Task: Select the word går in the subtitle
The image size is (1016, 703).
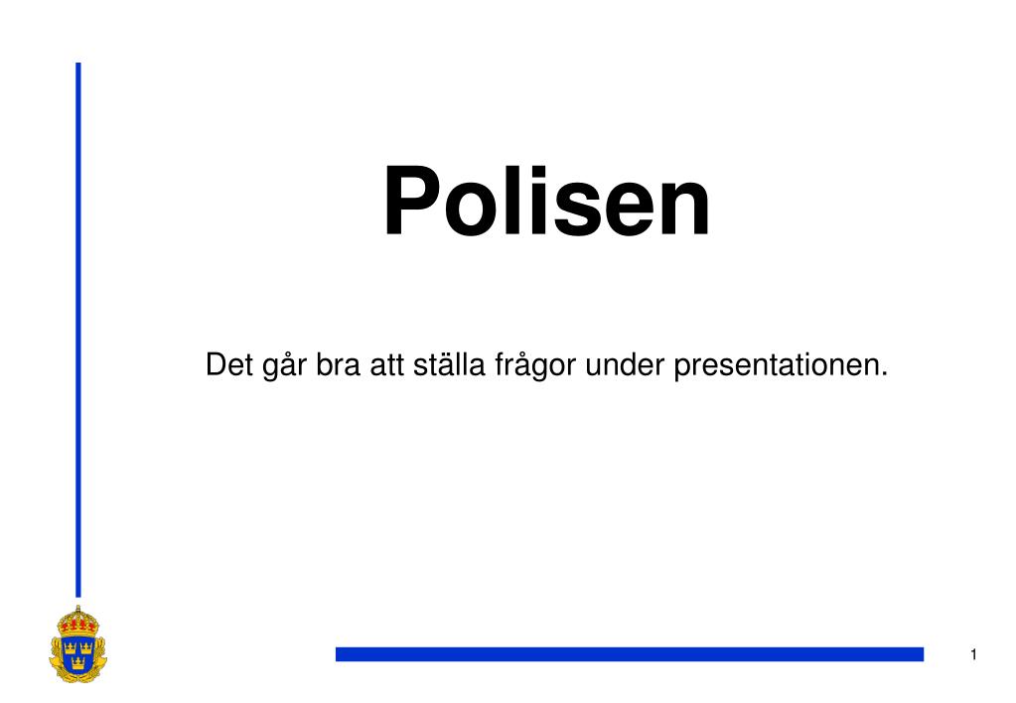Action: click(x=281, y=367)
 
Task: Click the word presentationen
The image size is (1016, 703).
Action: click(x=780, y=367)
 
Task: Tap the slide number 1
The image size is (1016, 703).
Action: click(x=974, y=653)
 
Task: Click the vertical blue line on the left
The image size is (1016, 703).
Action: click(x=78, y=328)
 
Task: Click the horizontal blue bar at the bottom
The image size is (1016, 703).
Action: click(x=629, y=653)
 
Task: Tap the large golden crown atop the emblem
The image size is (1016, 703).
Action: click(x=76, y=622)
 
